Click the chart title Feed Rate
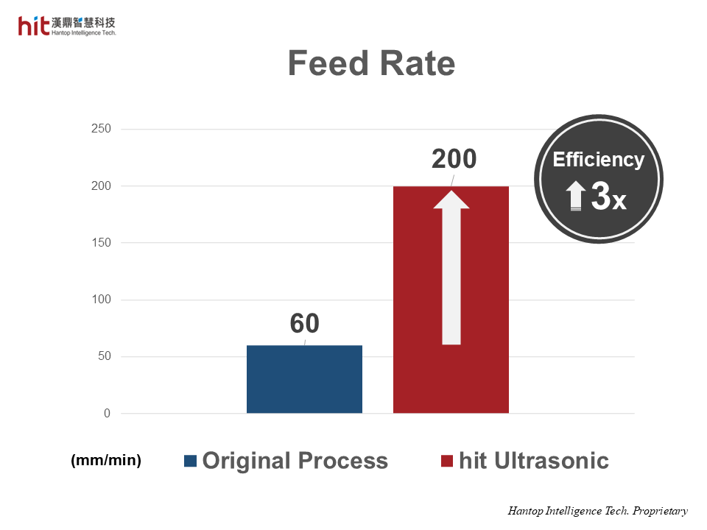click(371, 63)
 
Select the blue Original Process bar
click(304, 379)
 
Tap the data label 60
click(304, 323)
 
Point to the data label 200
click(454, 159)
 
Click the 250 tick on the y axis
click(101, 130)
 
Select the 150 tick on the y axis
click(101, 243)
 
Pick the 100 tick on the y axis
click(101, 300)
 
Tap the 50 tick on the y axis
click(104, 357)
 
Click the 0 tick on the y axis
click(107, 414)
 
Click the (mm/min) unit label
click(105, 460)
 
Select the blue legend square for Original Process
click(191, 461)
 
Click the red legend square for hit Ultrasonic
click(446, 461)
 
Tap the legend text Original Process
click(295, 461)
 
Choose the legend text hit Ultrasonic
click(533, 461)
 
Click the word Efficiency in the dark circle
click(598, 160)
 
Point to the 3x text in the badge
click(608, 197)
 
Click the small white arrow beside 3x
click(577, 197)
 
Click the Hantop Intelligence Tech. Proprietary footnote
click(597, 511)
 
